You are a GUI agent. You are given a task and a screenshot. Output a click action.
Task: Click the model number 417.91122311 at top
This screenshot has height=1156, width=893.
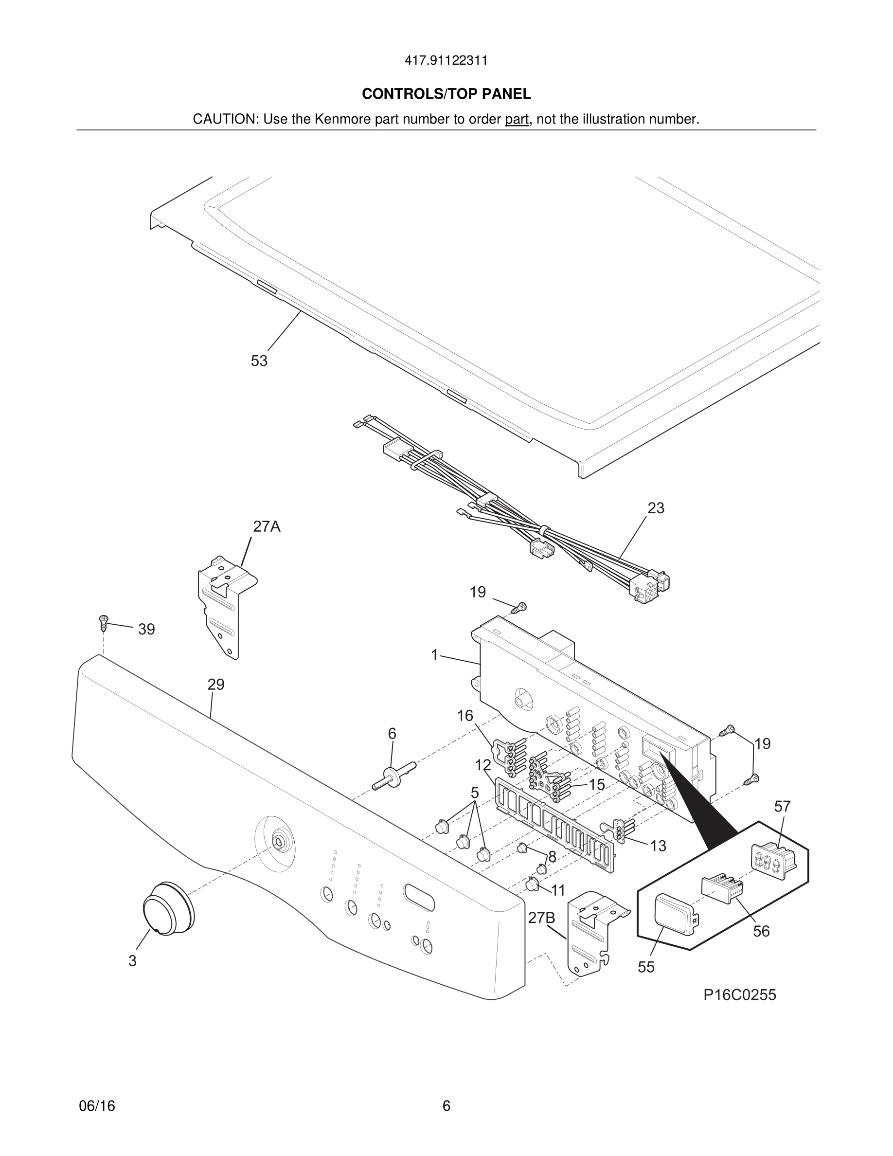pyautogui.click(x=446, y=61)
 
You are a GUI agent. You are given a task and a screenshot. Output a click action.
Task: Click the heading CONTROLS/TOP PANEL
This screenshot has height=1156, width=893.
pyautogui.click(x=446, y=94)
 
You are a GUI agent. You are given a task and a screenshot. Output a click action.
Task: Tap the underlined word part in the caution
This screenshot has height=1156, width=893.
pyautogui.click(x=517, y=120)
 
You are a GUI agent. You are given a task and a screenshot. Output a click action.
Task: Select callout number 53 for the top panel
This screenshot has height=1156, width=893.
pyautogui.click(x=259, y=361)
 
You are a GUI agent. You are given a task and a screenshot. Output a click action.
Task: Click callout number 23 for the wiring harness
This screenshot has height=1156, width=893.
pyautogui.click(x=656, y=507)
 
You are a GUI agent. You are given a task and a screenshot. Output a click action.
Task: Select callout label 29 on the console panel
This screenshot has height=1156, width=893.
pyautogui.click(x=216, y=685)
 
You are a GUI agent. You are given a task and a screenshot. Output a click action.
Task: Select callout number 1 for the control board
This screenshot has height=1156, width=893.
pyautogui.click(x=434, y=655)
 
